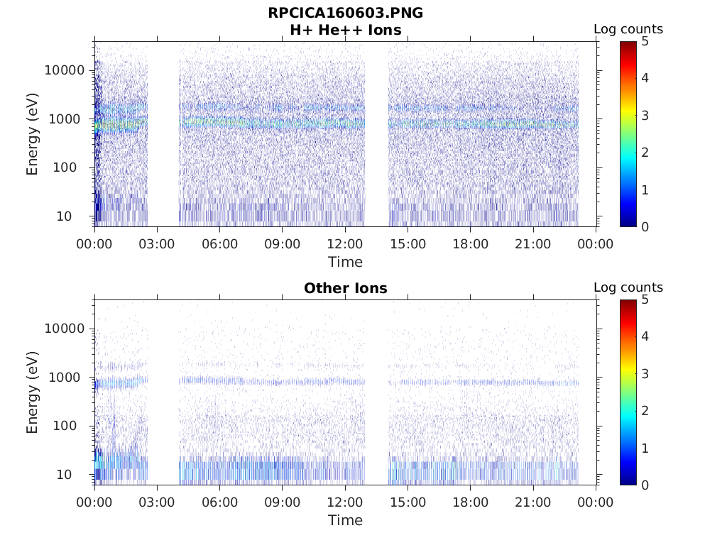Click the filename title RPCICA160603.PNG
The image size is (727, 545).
tap(345, 13)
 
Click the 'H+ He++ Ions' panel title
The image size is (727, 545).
tap(345, 30)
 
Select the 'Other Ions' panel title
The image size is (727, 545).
tap(345, 288)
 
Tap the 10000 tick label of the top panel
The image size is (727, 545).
tap(64, 70)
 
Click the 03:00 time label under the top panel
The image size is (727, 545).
tap(157, 244)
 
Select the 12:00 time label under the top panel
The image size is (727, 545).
tap(345, 244)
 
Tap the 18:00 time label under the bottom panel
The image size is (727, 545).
tap(470, 502)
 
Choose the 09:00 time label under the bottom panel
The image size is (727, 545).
tap(283, 502)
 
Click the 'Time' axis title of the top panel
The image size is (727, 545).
tap(345, 262)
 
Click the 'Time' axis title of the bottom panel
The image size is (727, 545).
tap(345, 520)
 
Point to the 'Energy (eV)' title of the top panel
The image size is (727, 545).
tap(33, 134)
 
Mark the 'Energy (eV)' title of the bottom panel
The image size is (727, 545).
tap(33, 392)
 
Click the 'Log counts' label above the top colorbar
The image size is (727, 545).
tap(628, 29)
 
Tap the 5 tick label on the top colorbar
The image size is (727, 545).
tap(645, 41)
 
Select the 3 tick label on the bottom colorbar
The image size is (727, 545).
tap(645, 374)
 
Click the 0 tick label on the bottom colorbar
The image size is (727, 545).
tap(645, 485)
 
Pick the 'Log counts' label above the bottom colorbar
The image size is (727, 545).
tap(628, 287)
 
